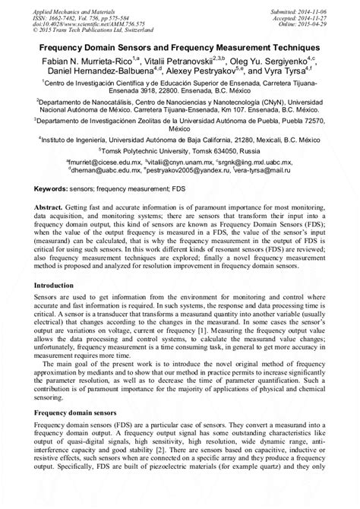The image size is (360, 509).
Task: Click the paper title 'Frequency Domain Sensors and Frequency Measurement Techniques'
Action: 180,46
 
